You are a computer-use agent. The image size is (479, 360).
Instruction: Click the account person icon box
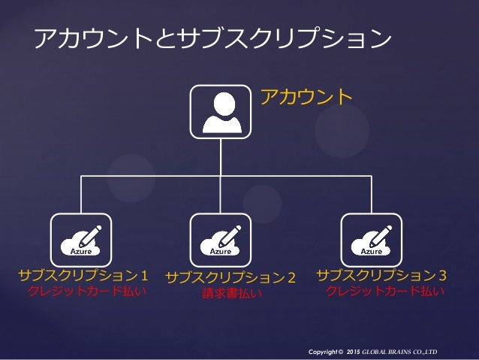click(220, 111)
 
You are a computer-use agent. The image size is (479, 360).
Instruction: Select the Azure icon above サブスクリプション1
click(80, 239)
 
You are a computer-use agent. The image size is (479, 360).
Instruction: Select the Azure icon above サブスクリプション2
click(220, 239)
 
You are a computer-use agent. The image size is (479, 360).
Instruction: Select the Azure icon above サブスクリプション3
click(372, 239)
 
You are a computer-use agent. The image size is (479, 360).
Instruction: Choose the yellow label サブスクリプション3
click(382, 275)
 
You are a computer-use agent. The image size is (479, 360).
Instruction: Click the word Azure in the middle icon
click(220, 251)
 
